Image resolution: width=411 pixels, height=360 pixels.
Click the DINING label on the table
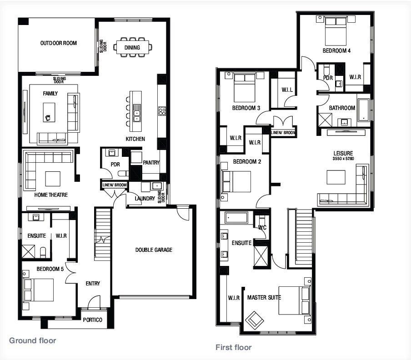(x=132, y=48)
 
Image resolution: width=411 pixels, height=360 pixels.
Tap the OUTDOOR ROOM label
(x=59, y=43)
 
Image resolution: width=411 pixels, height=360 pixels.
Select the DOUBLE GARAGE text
(x=154, y=250)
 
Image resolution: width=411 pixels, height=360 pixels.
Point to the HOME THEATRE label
(x=51, y=195)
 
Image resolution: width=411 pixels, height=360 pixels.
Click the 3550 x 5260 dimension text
(x=343, y=159)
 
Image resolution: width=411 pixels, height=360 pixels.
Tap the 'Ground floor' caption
(x=32, y=340)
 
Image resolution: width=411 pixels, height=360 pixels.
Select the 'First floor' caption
(x=234, y=347)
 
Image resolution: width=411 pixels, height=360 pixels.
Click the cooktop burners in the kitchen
(x=162, y=111)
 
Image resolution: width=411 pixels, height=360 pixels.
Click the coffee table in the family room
(x=49, y=112)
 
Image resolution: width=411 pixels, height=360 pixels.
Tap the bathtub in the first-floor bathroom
(x=364, y=110)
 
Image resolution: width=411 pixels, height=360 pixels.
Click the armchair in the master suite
(x=254, y=320)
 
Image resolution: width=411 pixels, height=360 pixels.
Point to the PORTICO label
(x=93, y=320)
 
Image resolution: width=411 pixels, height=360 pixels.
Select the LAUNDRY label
(x=145, y=199)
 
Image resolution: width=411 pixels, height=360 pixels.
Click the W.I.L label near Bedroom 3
(x=287, y=90)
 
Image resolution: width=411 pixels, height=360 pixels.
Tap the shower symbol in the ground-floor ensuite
(x=28, y=251)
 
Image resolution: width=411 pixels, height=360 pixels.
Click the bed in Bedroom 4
(x=336, y=31)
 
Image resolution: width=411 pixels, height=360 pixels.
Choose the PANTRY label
(x=151, y=163)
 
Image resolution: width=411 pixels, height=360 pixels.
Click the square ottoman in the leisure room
(x=336, y=177)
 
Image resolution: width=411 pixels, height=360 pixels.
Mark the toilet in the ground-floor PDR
(x=123, y=173)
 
